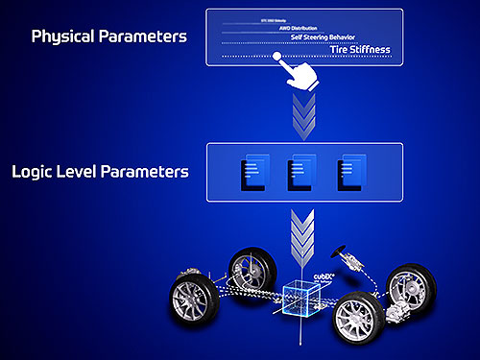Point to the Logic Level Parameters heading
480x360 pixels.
click(100, 174)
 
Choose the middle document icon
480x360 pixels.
click(300, 173)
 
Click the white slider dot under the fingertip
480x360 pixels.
click(277, 57)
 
